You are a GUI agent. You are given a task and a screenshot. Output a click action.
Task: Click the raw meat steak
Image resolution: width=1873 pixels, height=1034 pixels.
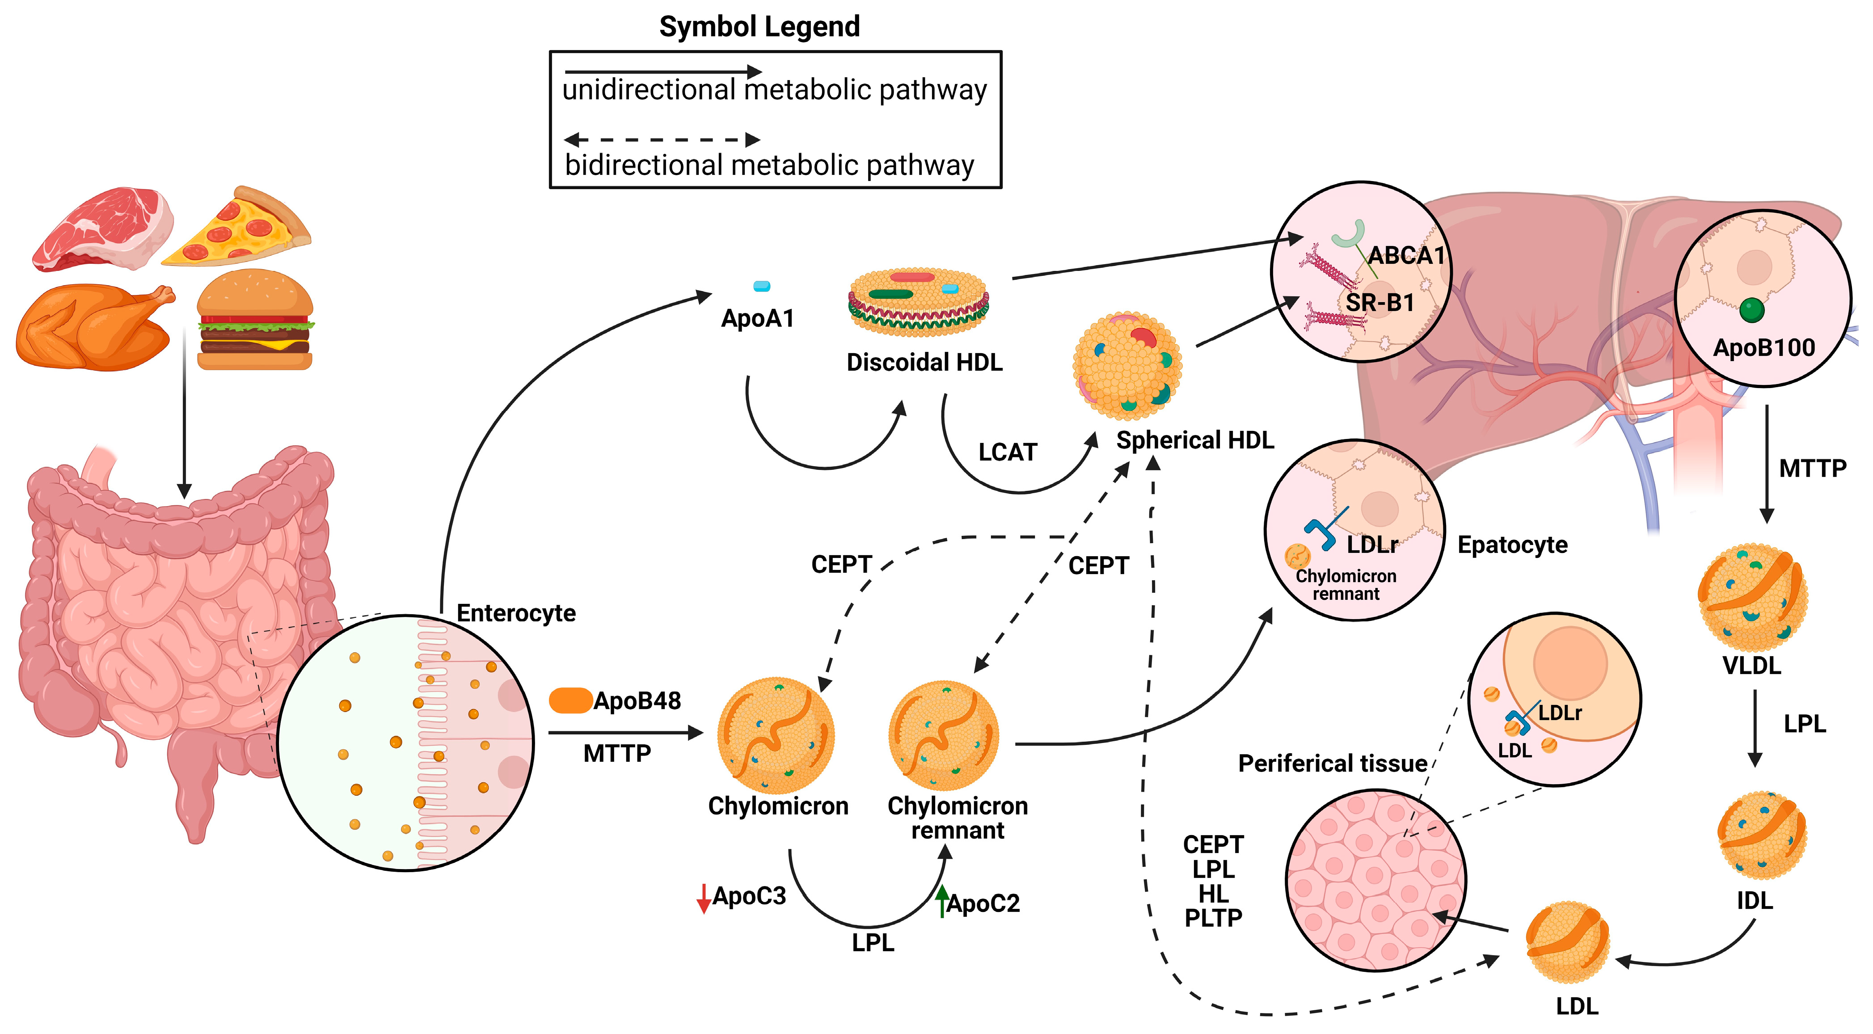(x=103, y=228)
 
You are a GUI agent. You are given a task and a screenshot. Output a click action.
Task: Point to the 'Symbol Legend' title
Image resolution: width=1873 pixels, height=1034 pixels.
(x=759, y=27)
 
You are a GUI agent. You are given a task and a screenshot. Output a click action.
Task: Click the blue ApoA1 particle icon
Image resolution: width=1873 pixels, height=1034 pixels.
(x=761, y=286)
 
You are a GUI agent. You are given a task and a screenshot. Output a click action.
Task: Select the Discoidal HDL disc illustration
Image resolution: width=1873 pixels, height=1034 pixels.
(x=918, y=302)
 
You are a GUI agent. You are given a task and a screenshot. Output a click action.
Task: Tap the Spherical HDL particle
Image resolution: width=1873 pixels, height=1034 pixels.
(x=1128, y=365)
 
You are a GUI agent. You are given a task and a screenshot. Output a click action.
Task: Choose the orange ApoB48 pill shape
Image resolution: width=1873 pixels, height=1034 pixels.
(x=570, y=700)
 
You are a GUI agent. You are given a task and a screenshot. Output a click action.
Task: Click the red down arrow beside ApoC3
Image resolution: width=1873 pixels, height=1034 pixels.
(x=703, y=899)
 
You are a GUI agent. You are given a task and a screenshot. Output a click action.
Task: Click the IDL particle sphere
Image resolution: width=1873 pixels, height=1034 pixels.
(x=1761, y=835)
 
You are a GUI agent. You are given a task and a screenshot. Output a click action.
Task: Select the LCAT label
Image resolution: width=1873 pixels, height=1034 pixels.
(x=1007, y=452)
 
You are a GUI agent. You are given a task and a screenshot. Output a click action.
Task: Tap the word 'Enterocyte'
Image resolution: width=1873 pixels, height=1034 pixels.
(x=515, y=613)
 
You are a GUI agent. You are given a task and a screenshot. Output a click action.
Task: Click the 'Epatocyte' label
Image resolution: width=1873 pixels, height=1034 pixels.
(x=1512, y=544)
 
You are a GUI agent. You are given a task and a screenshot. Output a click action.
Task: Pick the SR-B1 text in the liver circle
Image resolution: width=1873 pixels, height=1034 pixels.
(x=1379, y=303)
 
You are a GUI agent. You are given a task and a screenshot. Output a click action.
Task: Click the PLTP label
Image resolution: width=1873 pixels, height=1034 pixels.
(x=1213, y=918)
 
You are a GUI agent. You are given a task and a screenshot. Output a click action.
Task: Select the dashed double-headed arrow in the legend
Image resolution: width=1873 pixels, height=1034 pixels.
(x=662, y=139)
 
